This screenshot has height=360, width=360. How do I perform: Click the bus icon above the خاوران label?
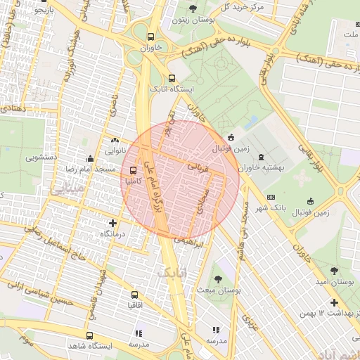pyautogui.click(x=150, y=37)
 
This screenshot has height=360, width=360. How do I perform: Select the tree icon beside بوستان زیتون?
pyautogui.click(x=193, y=9)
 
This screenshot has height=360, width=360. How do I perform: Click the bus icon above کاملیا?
pyautogui.click(x=134, y=169)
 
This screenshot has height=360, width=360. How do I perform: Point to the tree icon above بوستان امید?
pyautogui.click(x=333, y=270)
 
